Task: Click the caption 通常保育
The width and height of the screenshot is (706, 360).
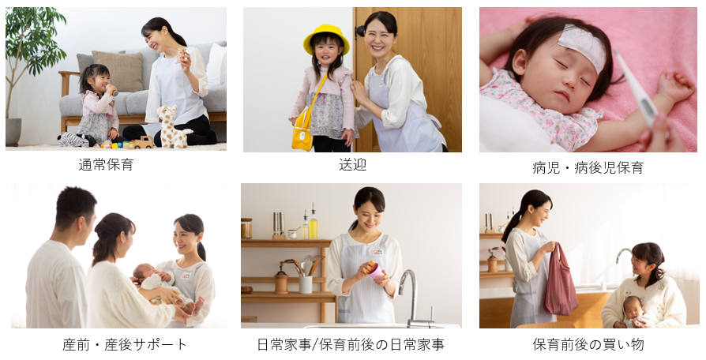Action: click(107, 165)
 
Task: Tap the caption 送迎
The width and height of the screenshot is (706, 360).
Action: click(352, 165)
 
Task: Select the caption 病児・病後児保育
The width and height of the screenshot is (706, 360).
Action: click(588, 167)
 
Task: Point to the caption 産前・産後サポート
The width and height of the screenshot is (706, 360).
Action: click(125, 344)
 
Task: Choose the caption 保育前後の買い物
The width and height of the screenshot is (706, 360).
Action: click(588, 344)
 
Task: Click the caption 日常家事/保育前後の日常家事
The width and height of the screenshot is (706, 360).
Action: click(351, 344)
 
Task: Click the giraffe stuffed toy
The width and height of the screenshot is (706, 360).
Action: click(173, 127)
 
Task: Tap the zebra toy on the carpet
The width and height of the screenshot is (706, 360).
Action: click(75, 140)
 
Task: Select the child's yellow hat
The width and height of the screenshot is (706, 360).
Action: click(326, 39)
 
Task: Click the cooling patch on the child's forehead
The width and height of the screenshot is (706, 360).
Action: click(582, 47)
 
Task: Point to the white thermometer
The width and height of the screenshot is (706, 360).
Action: click(634, 88)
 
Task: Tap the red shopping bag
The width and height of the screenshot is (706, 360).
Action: click(560, 281)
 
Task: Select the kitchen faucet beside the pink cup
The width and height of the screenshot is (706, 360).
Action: click(415, 298)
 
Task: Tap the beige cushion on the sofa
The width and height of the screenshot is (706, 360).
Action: click(118, 71)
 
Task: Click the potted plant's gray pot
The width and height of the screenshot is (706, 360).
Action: click(13, 131)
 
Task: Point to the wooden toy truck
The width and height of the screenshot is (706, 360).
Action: click(142, 143)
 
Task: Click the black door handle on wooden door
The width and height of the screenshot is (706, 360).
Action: click(360, 31)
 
